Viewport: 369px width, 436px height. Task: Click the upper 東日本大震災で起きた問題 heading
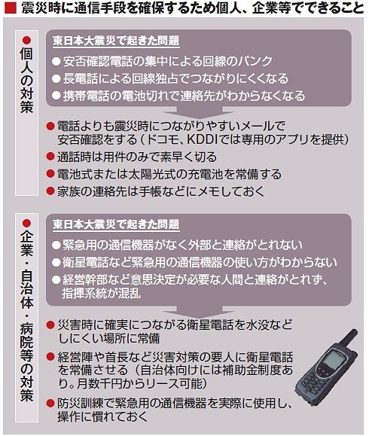click(x=116, y=41)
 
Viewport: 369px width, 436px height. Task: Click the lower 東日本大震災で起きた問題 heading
click(x=116, y=224)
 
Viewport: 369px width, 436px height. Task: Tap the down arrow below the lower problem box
click(x=198, y=311)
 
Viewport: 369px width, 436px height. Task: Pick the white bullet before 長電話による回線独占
click(x=56, y=79)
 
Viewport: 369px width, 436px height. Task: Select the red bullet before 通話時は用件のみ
click(x=50, y=157)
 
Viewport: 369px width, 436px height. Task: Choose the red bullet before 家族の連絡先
click(x=50, y=191)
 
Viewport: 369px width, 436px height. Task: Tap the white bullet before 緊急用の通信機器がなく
click(x=56, y=245)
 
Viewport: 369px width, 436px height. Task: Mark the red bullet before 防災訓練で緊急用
click(x=50, y=403)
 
